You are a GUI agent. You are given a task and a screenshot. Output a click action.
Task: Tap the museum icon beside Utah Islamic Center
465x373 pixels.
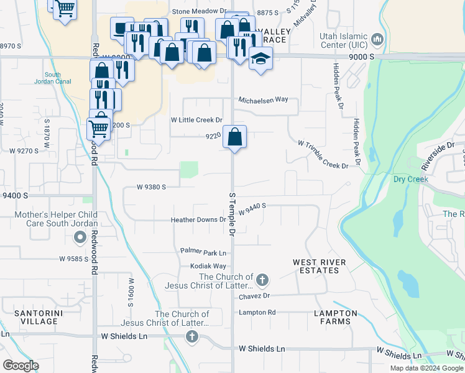click(376, 41)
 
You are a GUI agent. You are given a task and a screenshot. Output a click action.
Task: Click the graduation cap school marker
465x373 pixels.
click(261, 60)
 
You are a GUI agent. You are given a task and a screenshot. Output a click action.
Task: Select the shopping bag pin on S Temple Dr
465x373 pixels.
click(234, 137)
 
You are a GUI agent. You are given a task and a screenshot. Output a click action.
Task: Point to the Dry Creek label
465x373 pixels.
click(411, 179)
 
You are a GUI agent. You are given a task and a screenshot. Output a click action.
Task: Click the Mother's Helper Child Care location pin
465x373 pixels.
click(80, 237)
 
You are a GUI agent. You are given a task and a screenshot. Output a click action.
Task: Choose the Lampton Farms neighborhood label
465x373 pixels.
click(336, 317)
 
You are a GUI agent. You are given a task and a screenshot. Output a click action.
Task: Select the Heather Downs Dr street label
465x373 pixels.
click(198, 220)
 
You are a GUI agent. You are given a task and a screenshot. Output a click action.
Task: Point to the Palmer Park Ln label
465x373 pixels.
click(203, 252)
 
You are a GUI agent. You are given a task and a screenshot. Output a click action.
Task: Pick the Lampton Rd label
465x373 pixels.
click(257, 312)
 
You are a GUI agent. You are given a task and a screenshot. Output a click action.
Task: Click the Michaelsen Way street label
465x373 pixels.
click(264, 99)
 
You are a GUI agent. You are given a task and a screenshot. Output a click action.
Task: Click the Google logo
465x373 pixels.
click(20, 365)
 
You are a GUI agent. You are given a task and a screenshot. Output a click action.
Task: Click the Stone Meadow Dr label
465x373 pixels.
click(199, 11)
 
